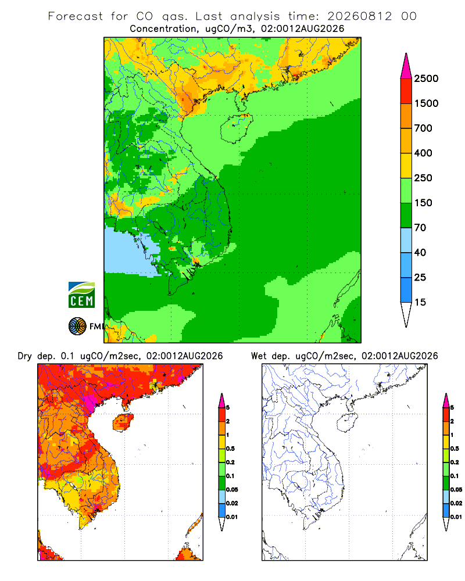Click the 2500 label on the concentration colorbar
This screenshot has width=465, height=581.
pyautogui.click(x=426, y=78)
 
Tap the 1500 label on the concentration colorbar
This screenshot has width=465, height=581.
pyautogui.click(x=426, y=103)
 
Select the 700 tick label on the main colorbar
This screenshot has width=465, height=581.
pyautogui.click(x=423, y=128)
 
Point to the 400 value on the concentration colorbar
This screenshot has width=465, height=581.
pyautogui.click(x=423, y=153)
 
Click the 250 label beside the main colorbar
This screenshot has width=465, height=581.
pyautogui.click(x=423, y=178)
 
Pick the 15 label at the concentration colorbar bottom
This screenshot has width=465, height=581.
pyautogui.click(x=420, y=302)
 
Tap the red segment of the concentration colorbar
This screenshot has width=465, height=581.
pyautogui.click(x=406, y=91)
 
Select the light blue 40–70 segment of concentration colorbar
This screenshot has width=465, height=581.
pyautogui.click(x=406, y=240)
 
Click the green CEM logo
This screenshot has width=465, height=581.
pyautogui.click(x=81, y=295)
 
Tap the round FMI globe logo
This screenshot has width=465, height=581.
pyautogui.click(x=77, y=327)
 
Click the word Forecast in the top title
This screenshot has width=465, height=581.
pyautogui.click(x=76, y=16)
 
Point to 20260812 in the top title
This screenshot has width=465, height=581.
pyautogui.click(x=359, y=16)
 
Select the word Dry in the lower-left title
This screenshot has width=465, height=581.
pyautogui.click(x=25, y=356)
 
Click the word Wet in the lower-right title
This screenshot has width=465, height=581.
pyautogui.click(x=259, y=356)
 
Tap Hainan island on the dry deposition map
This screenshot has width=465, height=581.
pyautogui.click(x=123, y=422)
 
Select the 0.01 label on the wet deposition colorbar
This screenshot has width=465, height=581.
pyautogui.click(x=456, y=517)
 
